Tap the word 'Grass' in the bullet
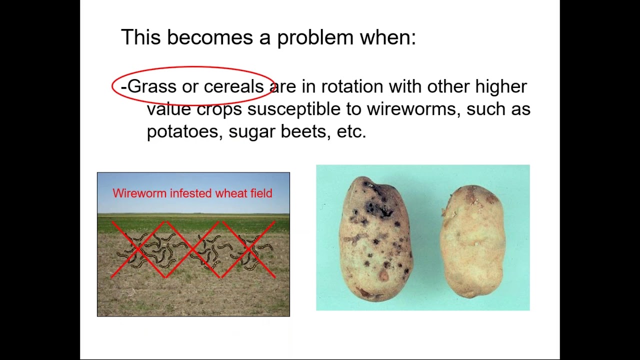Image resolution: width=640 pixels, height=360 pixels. [x=152, y=86]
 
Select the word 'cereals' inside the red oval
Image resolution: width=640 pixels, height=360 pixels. [x=233, y=86]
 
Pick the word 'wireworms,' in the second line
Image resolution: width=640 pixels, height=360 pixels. [x=413, y=109]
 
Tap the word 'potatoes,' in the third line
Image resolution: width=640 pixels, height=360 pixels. [x=184, y=131]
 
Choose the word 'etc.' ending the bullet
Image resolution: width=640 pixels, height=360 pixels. [x=351, y=131]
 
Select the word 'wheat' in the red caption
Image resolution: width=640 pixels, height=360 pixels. [x=228, y=193]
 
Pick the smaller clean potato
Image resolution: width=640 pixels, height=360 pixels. [x=472, y=240]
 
